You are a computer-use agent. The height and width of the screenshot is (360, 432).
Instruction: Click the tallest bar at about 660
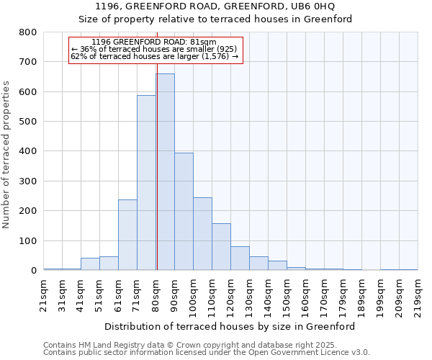click(165, 172)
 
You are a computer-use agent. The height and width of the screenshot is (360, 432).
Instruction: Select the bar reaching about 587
click(146, 183)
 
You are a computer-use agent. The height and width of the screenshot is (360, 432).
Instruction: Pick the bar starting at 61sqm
click(127, 235)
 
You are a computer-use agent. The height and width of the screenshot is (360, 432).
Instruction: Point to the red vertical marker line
click(156, 166)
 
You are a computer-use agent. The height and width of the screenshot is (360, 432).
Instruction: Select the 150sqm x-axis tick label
click(287, 295)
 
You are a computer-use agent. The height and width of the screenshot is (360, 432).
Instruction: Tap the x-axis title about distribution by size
click(230, 326)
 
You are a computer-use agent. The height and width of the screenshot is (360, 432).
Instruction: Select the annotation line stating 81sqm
click(156, 42)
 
